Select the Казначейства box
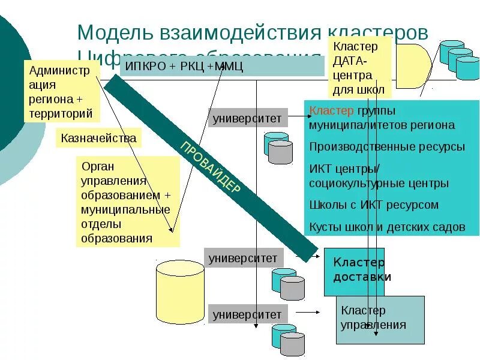pyautogui.click(x=98, y=138)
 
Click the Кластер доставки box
pyautogui.click(x=354, y=271)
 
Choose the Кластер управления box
pyautogui.click(x=379, y=319)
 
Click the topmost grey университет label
pyautogui.click(x=247, y=118)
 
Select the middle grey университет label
pyautogui.click(x=243, y=259)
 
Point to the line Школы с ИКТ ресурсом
pyautogui.click(x=374, y=205)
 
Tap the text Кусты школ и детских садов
pyautogui.click(x=387, y=227)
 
